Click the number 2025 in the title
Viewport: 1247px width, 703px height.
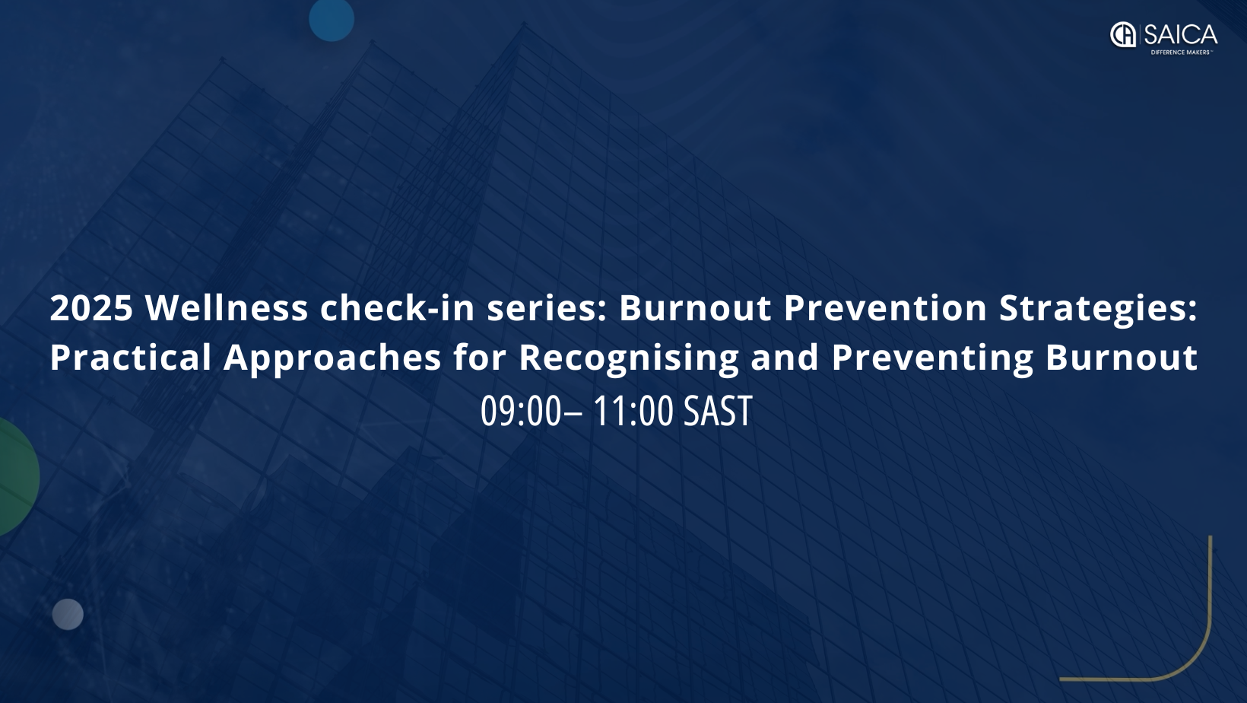91,308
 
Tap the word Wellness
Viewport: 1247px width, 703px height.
227,308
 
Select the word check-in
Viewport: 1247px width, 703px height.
398,308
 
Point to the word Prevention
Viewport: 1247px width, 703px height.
885,308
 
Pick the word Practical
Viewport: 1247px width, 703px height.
131,357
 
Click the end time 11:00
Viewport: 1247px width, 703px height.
633,411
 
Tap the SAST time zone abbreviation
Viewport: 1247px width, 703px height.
718,411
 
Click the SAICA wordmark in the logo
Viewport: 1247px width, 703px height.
1181,36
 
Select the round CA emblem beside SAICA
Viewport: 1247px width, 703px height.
1123,35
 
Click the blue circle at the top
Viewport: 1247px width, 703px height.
332,20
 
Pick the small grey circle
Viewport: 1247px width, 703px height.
68,615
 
